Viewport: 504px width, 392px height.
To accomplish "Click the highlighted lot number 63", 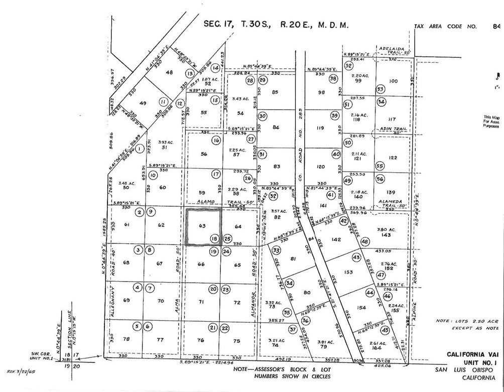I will click(x=202, y=226).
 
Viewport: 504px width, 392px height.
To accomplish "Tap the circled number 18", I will click(x=214, y=239).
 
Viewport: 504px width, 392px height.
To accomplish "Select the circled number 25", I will click(x=227, y=239).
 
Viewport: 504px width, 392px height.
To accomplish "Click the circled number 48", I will click(x=364, y=241).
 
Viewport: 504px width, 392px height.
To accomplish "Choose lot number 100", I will click(x=393, y=81).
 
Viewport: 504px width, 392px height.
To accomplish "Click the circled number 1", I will click(x=140, y=149).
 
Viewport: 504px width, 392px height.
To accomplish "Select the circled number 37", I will click(x=293, y=329).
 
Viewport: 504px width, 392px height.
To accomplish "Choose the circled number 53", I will click(x=381, y=89).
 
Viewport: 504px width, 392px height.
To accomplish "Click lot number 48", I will click(x=169, y=73).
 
